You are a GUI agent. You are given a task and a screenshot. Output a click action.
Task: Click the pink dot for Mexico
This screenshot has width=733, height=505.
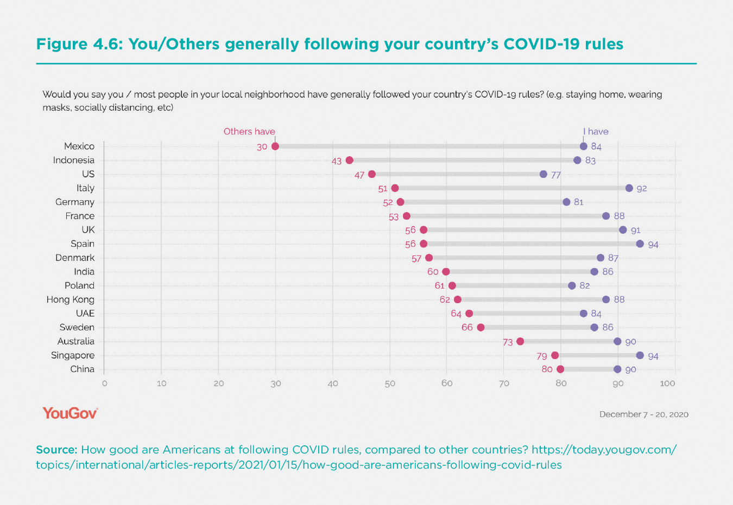coord(275,146)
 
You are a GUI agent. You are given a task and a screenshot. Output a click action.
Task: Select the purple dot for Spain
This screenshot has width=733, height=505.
coord(640,244)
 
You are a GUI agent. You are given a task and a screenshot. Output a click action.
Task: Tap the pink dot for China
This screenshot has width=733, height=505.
coord(560,369)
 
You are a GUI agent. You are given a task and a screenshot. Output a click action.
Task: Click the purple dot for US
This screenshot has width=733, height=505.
coord(544,174)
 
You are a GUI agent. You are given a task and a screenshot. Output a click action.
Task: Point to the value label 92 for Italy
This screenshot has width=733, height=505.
coord(642,189)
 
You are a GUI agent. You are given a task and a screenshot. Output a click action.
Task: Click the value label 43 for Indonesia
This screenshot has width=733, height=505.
coord(337,161)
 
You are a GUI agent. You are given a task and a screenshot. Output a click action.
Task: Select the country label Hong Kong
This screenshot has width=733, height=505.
coord(71,299)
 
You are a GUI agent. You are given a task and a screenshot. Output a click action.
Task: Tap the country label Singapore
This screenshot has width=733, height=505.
coord(73,355)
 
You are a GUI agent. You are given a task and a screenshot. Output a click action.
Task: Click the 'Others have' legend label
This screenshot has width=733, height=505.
coord(249,131)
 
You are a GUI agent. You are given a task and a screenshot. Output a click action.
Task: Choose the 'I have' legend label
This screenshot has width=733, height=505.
coord(596,131)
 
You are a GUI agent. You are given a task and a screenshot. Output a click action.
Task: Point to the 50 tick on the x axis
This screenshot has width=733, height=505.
coord(390,383)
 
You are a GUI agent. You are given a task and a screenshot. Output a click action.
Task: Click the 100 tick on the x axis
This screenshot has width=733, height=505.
coord(667,383)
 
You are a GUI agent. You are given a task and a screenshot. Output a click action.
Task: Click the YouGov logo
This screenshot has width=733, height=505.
coord(70,413)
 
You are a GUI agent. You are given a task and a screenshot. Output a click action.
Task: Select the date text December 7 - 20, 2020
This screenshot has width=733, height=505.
coord(643,414)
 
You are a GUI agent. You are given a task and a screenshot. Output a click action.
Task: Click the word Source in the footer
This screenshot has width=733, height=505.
coord(56,450)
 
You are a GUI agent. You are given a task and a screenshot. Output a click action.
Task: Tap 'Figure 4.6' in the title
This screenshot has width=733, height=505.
coord(79,44)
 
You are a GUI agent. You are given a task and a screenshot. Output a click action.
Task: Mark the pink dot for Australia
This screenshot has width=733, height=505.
coord(520,341)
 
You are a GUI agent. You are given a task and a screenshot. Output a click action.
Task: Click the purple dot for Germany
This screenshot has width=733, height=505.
coord(566,202)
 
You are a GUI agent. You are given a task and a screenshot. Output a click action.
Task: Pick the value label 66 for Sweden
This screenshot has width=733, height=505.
coord(467,328)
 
